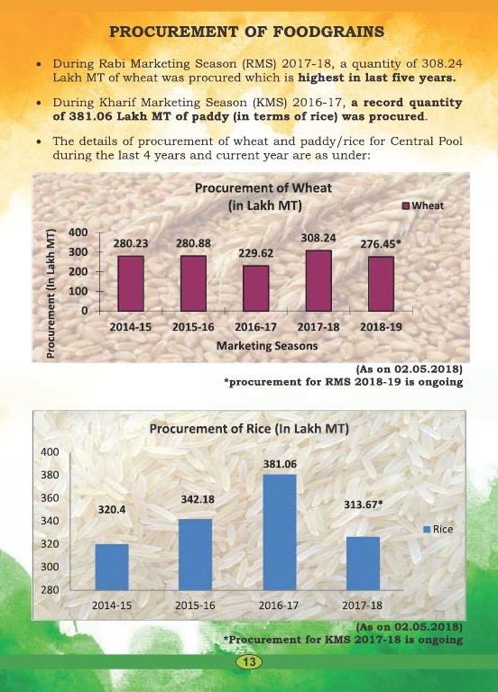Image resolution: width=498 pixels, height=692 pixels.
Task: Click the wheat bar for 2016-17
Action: coord(256,288)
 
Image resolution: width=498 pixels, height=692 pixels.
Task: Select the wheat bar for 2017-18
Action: coord(318,281)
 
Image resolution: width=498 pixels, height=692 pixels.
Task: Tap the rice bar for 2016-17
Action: coord(280,533)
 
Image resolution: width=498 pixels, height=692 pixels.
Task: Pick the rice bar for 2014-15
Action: coord(112,567)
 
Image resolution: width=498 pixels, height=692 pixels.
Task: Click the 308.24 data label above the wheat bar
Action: coord(318,238)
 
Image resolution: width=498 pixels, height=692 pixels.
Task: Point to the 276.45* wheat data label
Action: coord(381,243)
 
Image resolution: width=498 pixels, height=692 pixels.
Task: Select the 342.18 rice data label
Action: coord(198,499)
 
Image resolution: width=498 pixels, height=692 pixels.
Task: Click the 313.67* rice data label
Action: coord(364,505)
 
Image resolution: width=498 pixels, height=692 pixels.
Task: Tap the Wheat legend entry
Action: coord(423,205)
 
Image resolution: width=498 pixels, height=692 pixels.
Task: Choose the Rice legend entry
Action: coord(438,529)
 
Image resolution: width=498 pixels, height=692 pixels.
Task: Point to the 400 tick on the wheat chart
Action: coord(78,232)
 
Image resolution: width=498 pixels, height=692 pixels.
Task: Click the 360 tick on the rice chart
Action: coord(50,497)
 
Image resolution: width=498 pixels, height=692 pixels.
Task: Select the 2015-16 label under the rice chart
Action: coord(195,605)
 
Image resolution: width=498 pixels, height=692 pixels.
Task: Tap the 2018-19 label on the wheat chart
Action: coord(381,327)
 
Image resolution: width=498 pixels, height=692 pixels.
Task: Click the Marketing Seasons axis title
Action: coord(267,346)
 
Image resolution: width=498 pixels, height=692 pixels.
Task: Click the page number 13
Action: coord(249,662)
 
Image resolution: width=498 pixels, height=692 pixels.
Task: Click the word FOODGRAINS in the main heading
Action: coord(328,32)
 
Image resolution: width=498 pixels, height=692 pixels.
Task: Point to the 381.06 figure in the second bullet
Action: coord(88,116)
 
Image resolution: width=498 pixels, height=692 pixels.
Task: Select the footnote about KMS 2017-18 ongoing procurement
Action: coord(343,640)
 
